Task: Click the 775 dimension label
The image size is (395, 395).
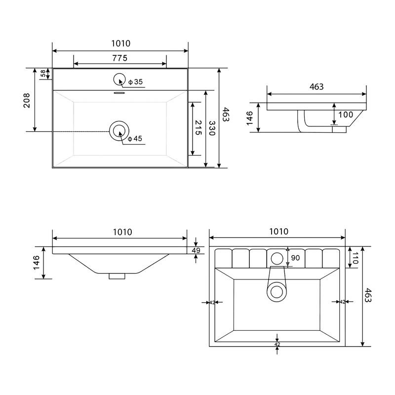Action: pyautogui.click(x=119, y=58)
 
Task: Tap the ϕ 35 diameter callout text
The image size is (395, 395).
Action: pyautogui.click(x=135, y=82)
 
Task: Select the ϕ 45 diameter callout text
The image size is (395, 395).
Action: pyautogui.click(x=135, y=139)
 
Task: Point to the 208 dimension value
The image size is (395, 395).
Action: pyautogui.click(x=27, y=100)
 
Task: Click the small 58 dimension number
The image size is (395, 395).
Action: pyautogui.click(x=43, y=74)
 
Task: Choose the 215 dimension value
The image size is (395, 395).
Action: pyautogui.click(x=198, y=128)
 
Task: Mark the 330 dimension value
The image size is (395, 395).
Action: pyautogui.click(x=212, y=128)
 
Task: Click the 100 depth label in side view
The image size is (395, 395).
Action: pyautogui.click(x=346, y=115)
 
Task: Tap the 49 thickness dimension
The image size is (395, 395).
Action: pyautogui.click(x=196, y=250)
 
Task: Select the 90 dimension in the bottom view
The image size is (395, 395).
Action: pyautogui.click(x=295, y=258)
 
